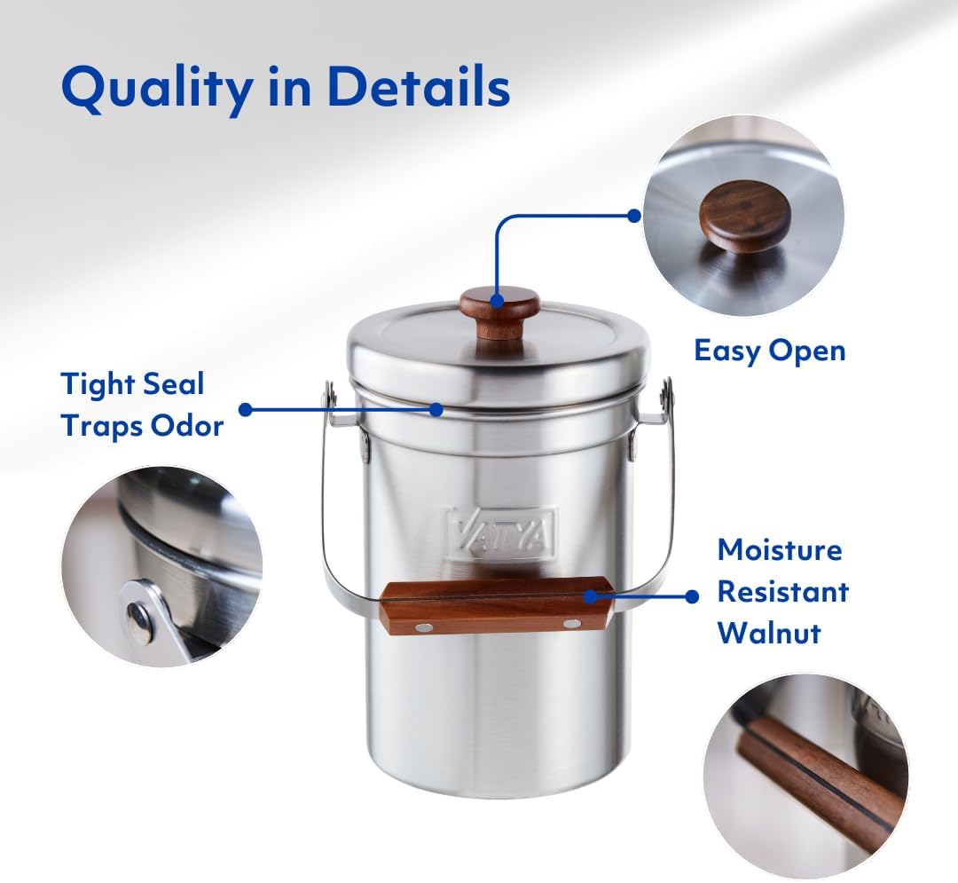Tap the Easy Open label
pyautogui.click(x=769, y=351)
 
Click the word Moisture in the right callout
pyautogui.click(x=779, y=549)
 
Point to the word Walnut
pyautogui.click(x=769, y=632)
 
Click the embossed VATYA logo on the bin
pyautogui.click(x=501, y=531)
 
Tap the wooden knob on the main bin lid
pyautogui.click(x=499, y=310)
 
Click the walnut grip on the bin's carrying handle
pyautogui.click(x=497, y=605)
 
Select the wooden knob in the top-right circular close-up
pyautogui.click(x=743, y=216)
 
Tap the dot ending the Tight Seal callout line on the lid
pyautogui.click(x=436, y=409)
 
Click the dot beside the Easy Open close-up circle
pyautogui.click(x=633, y=216)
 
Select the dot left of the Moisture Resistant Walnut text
pyautogui.click(x=692, y=597)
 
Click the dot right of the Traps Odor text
pyautogui.click(x=246, y=409)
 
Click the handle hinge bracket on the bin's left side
pyautogui.click(x=330, y=396)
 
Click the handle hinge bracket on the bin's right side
pyautogui.click(x=666, y=396)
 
